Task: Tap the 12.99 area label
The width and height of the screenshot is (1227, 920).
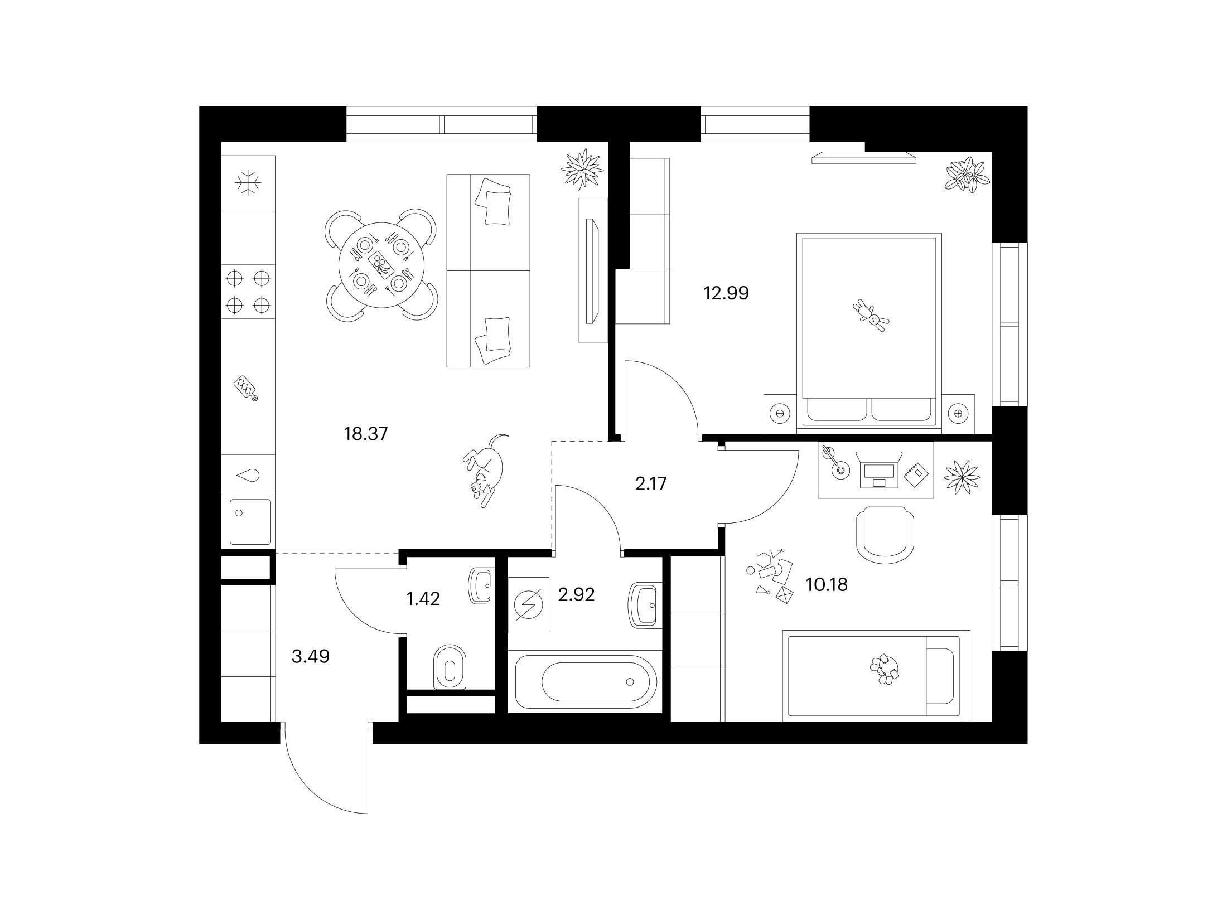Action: tap(726, 293)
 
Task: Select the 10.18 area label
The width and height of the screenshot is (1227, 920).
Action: tap(827, 584)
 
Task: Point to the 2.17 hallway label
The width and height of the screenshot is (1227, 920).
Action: tap(651, 483)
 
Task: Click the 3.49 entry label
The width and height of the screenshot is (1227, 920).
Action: tap(311, 656)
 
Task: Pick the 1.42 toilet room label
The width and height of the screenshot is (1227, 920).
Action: tap(423, 599)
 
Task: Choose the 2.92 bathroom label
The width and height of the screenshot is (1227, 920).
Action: tap(576, 594)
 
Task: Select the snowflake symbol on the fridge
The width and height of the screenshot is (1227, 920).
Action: tap(248, 183)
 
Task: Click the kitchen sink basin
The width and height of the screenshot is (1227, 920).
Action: tap(250, 522)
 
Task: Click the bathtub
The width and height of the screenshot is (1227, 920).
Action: tap(585, 681)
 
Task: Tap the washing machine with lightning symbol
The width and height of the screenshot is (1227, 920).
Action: tap(528, 604)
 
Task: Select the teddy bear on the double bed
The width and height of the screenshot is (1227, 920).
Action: tap(871, 316)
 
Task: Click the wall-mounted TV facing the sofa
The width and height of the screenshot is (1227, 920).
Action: tap(592, 271)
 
